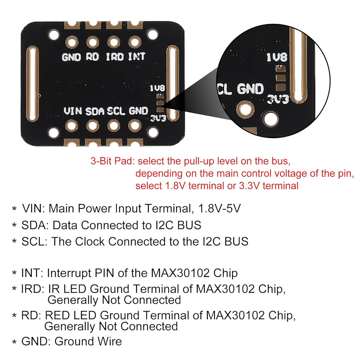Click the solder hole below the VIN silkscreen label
pos(71,126)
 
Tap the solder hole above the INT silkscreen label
pos(135,42)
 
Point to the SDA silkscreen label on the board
pos(95,111)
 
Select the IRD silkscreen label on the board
pos(115,57)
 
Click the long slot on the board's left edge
pos(32,84)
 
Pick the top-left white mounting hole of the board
pos(54,35)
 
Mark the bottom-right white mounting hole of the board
pos(153,132)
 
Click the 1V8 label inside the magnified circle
pos(277,57)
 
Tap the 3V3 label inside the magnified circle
pos(278,100)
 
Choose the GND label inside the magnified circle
pos(250,89)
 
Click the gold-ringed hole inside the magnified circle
pos(246,109)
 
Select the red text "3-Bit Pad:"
pos(112,161)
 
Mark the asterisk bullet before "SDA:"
pos(14,225)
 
